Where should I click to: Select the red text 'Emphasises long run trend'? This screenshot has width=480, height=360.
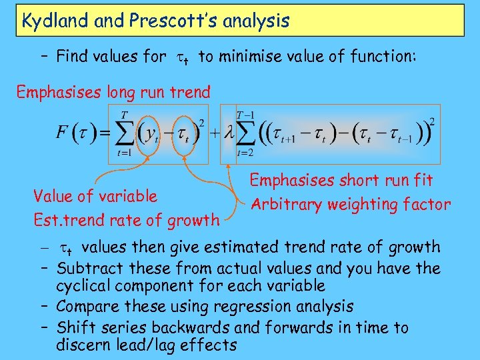[113, 92]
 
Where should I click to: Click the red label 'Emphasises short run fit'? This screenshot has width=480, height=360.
[341, 180]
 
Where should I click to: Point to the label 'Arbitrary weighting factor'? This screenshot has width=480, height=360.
[350, 205]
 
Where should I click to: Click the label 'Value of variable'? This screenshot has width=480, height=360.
[95, 196]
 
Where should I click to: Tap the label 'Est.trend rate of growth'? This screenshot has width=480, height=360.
[126, 219]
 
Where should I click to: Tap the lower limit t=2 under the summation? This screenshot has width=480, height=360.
[245, 154]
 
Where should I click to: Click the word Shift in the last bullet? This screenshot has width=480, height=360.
[75, 327]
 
